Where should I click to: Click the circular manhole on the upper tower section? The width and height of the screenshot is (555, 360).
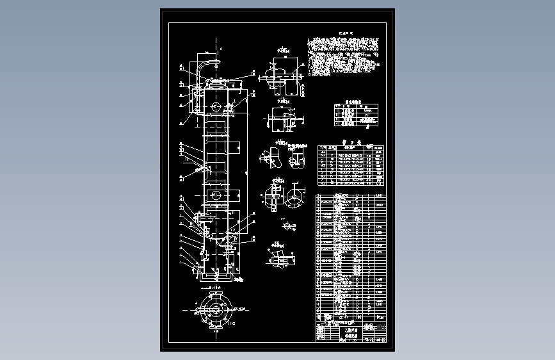point(216,106)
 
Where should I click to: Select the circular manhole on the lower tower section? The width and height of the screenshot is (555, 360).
point(216,194)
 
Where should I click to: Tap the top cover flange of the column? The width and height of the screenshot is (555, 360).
point(216,82)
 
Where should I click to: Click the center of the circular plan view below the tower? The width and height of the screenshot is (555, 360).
point(214,311)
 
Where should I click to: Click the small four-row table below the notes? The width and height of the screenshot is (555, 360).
point(356,115)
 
